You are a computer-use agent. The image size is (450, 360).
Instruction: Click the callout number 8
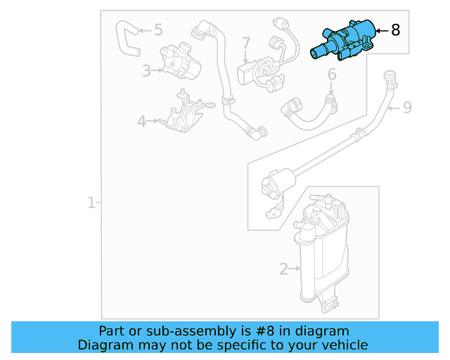(395, 30)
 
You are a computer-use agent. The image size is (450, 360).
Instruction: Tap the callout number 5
(157, 30)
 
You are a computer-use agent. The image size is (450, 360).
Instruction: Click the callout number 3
(146, 70)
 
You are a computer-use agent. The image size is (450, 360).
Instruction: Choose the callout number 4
(142, 121)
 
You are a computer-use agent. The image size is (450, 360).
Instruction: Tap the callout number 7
(246, 44)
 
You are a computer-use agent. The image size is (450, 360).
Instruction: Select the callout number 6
(332, 74)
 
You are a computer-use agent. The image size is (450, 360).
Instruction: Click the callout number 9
(406, 108)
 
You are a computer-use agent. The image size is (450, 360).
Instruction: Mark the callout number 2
(283, 269)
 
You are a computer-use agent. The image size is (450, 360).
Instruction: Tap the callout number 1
(91, 203)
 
